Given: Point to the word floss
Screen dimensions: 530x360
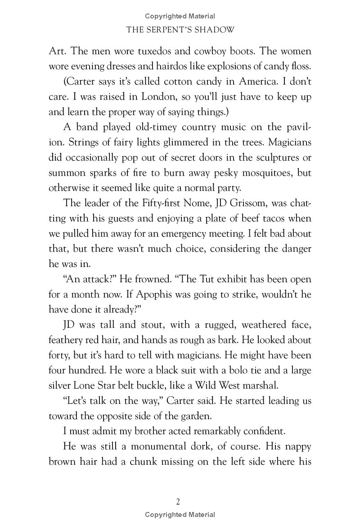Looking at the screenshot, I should click(x=299, y=65).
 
